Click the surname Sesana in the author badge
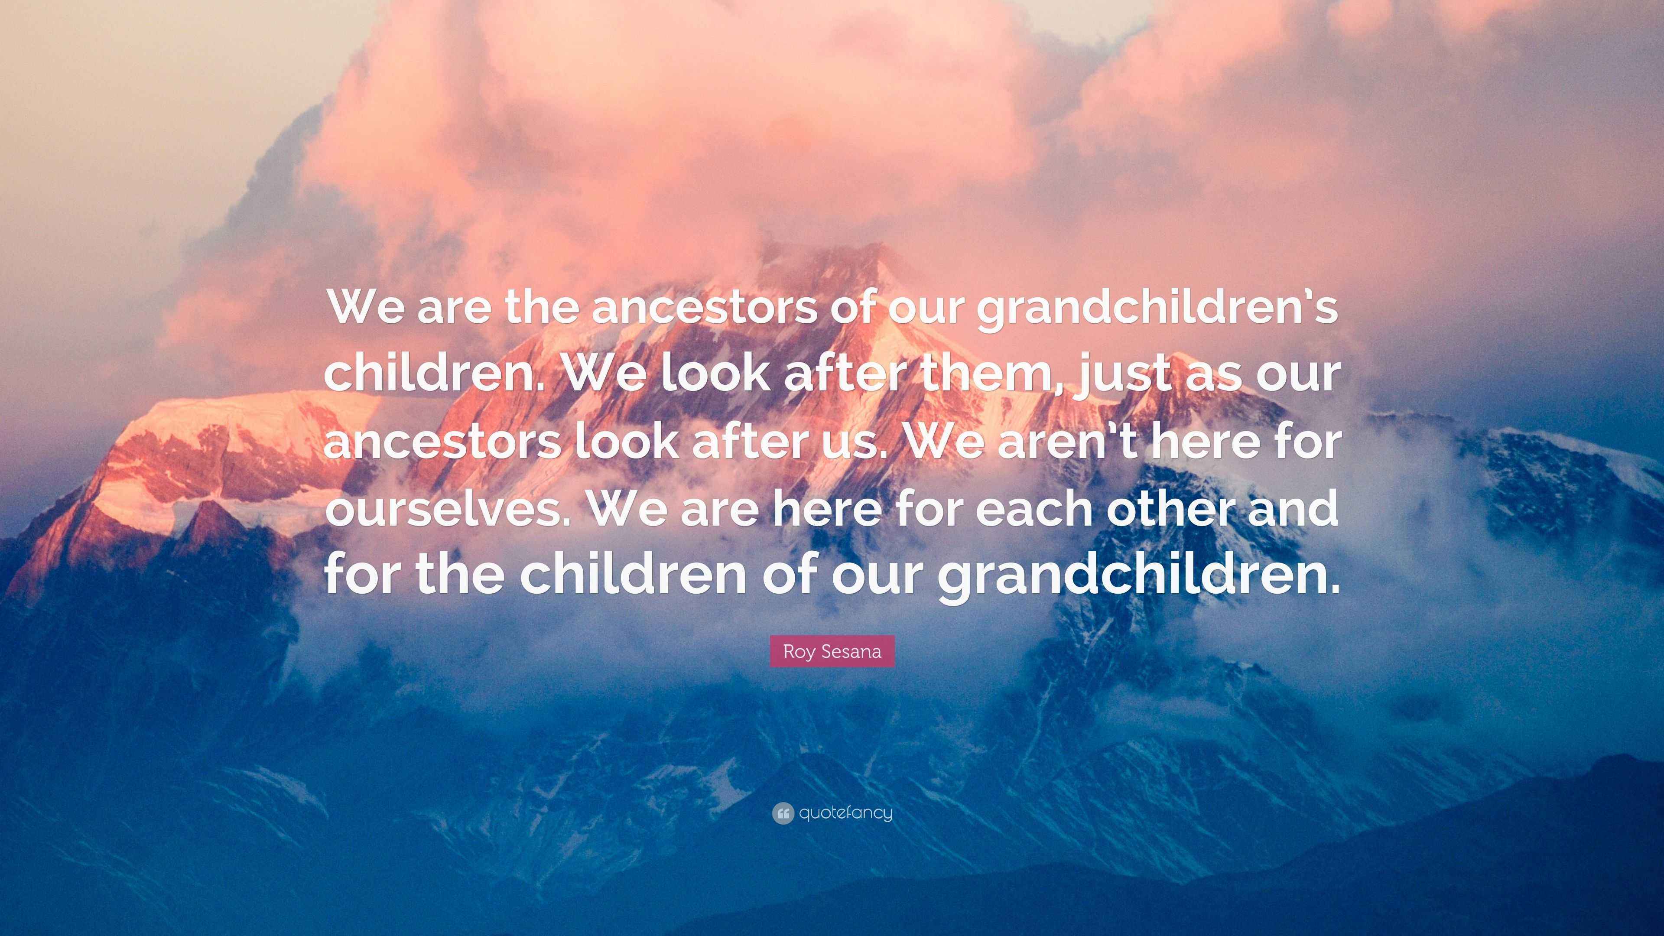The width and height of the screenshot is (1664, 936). [849, 651]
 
